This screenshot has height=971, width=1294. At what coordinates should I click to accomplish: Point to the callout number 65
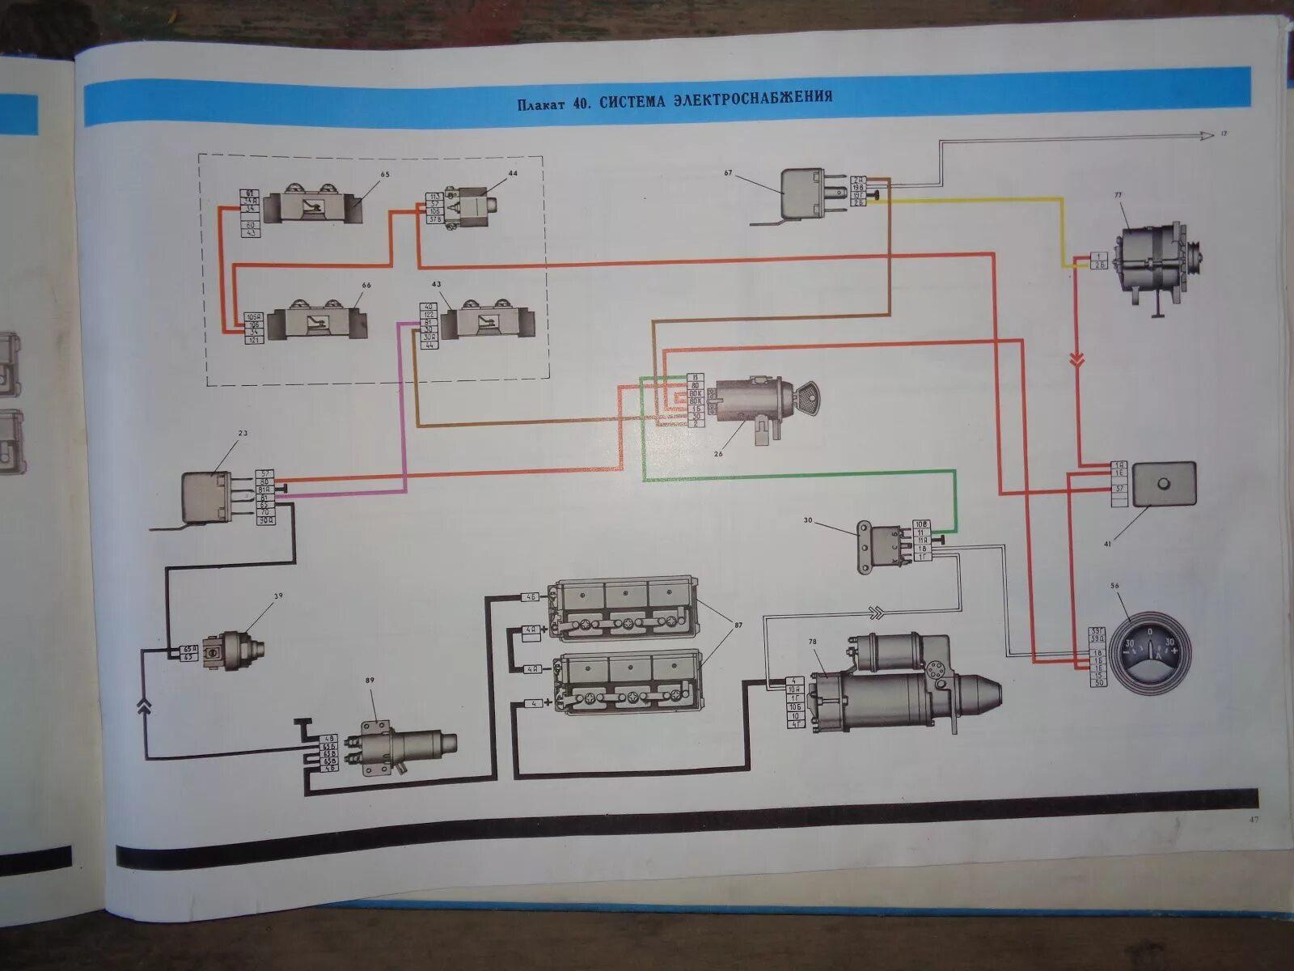pyautogui.click(x=384, y=174)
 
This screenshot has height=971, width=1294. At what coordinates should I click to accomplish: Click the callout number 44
pyautogui.click(x=513, y=173)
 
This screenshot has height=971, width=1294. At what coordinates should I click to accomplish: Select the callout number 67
pyautogui.click(x=728, y=172)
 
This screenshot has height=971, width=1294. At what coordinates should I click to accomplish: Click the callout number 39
pyautogui.click(x=277, y=596)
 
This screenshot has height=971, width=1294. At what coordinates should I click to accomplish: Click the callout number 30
pyautogui.click(x=807, y=520)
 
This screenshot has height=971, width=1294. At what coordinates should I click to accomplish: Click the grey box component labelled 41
pyautogui.click(x=1163, y=484)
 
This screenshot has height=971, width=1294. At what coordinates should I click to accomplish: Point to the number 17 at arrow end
pyautogui.click(x=1224, y=134)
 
